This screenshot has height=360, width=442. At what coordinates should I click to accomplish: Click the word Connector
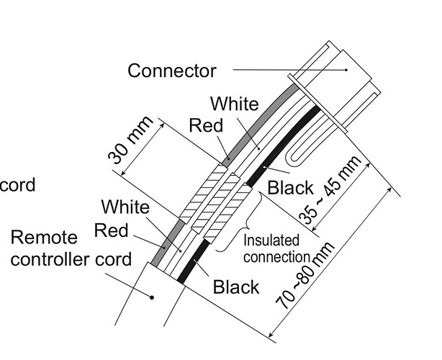click(171, 71)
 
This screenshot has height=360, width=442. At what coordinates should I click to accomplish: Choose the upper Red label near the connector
click(206, 126)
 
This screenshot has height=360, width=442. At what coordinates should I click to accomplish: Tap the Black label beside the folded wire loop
click(290, 189)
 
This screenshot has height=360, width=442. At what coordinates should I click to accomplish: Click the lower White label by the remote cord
click(125, 208)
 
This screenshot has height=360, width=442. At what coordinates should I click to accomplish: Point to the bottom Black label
click(235, 287)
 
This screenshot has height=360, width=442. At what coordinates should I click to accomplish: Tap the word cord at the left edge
click(17, 185)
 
